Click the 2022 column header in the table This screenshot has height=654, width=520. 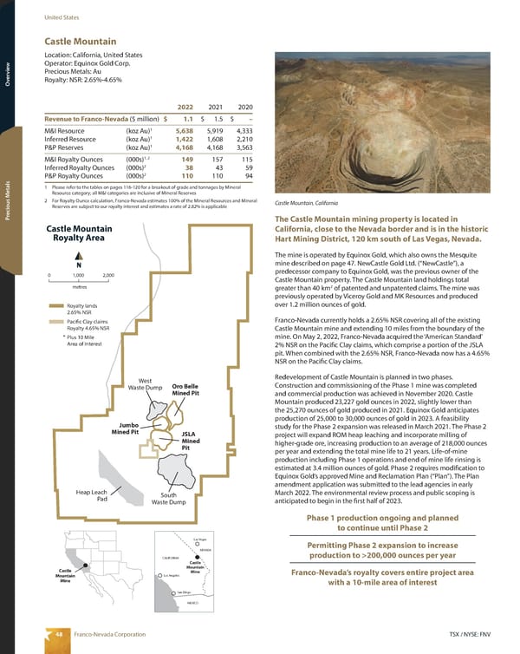[179, 107]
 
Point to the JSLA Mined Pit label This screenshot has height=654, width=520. [192, 440]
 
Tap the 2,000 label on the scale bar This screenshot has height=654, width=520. [108, 275]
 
